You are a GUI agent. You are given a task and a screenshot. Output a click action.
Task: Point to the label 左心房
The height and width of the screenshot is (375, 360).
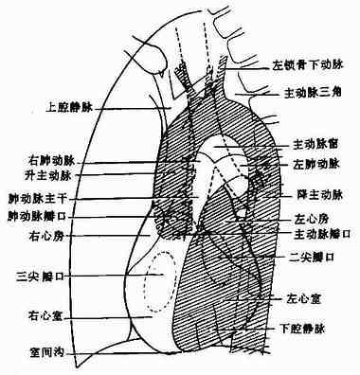[x=306, y=218]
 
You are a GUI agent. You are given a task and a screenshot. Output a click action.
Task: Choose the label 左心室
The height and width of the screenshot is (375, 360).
[x=308, y=297]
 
